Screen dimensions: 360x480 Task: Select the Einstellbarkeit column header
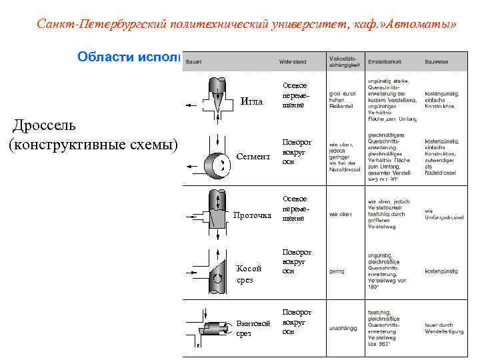[x=384, y=62]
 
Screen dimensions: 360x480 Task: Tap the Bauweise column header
[x=437, y=62]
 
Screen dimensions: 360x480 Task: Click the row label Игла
[x=251, y=102]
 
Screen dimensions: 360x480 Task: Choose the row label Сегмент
[x=253, y=157]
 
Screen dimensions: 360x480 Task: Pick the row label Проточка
[x=252, y=215]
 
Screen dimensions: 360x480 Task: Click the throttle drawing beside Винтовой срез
[x=213, y=327]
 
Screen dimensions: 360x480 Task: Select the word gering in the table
[x=336, y=271]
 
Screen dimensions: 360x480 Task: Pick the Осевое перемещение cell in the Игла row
[x=294, y=95]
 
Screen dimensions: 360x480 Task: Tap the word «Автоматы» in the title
[x=424, y=25]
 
